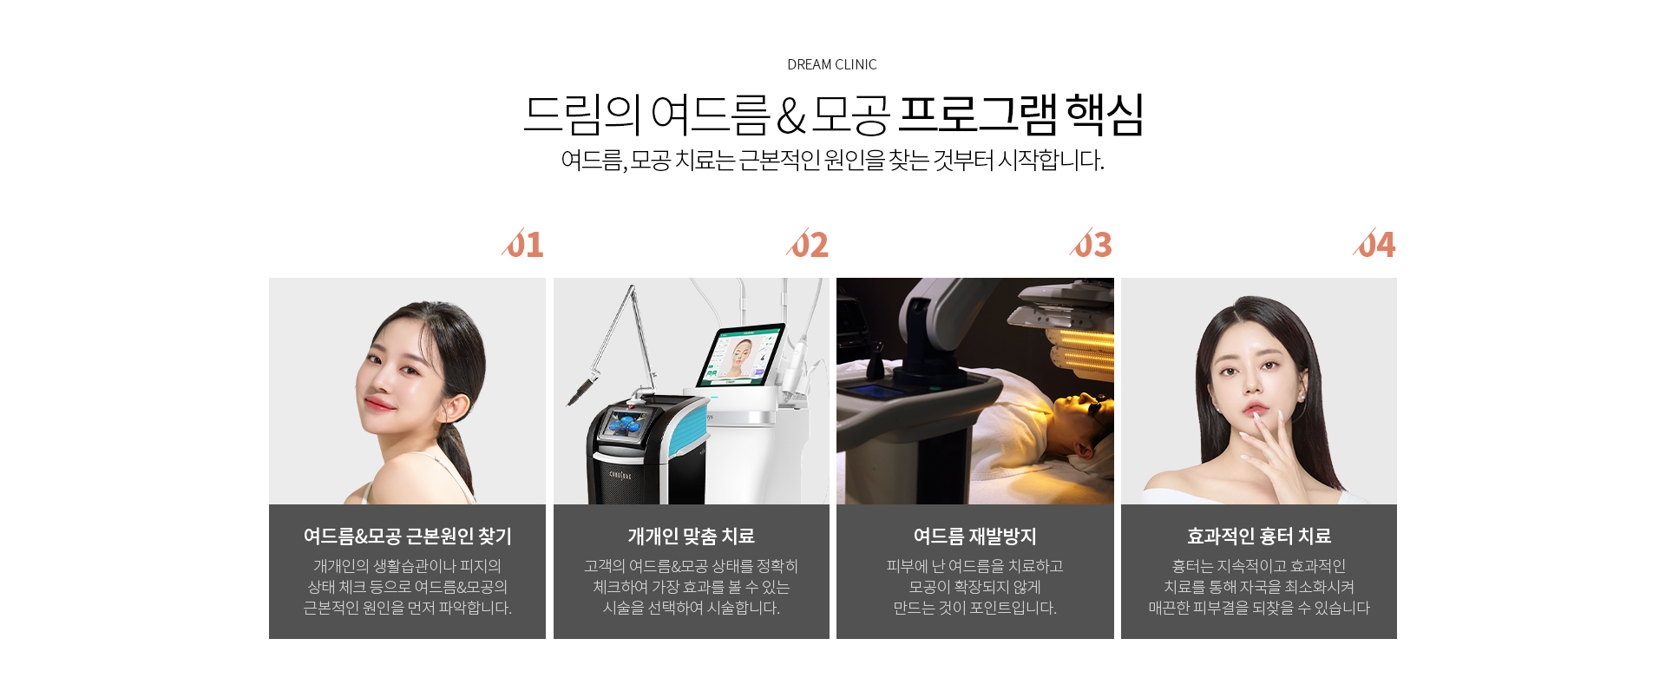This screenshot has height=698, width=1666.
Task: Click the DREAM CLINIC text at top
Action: pyautogui.click(x=831, y=64)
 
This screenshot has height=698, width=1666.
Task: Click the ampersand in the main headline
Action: pyautogui.click(x=790, y=116)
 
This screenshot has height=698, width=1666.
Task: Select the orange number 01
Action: pyautogui.click(x=523, y=244)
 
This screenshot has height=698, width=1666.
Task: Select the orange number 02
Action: pyautogui.click(x=808, y=244)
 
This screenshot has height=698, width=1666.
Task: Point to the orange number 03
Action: pyautogui.click(x=1092, y=244)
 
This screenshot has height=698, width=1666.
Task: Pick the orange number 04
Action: pyautogui.click(x=1374, y=244)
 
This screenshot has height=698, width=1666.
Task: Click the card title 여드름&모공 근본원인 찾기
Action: pyautogui.click(x=408, y=537)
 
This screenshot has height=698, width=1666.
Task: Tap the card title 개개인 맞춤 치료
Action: pyautogui.click(x=692, y=537)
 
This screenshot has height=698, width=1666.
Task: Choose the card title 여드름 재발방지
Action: pyautogui.click(x=975, y=537)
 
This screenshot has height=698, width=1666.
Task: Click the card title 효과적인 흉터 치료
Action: pyautogui.click(x=1259, y=537)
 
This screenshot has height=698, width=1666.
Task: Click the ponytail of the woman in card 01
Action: pyautogui.click(x=456, y=451)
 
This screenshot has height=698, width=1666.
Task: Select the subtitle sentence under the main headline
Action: pyautogui.click(x=832, y=161)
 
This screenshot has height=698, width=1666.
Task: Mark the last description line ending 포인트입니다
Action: pyautogui.click(x=975, y=608)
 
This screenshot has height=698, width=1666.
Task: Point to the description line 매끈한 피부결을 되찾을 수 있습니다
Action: pyautogui.click(x=1259, y=608)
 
